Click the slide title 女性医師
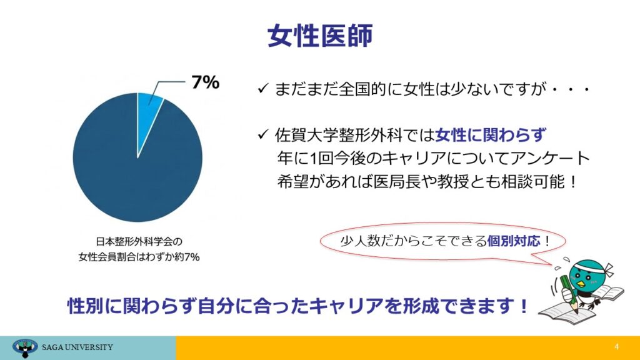pyautogui.click(x=320, y=36)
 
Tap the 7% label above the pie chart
pyautogui.click(x=205, y=82)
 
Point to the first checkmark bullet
pyautogui.click(x=263, y=88)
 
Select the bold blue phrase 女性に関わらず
pyautogui.click(x=491, y=135)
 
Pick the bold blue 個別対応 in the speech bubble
pyautogui.click(x=514, y=241)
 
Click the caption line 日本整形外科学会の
pyautogui.click(x=139, y=242)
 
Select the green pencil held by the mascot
pyautogui.click(x=569, y=294)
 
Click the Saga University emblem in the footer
pyautogui.click(x=25, y=347)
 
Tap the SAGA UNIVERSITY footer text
pyautogui.click(x=77, y=347)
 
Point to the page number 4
pyautogui.click(x=616, y=346)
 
